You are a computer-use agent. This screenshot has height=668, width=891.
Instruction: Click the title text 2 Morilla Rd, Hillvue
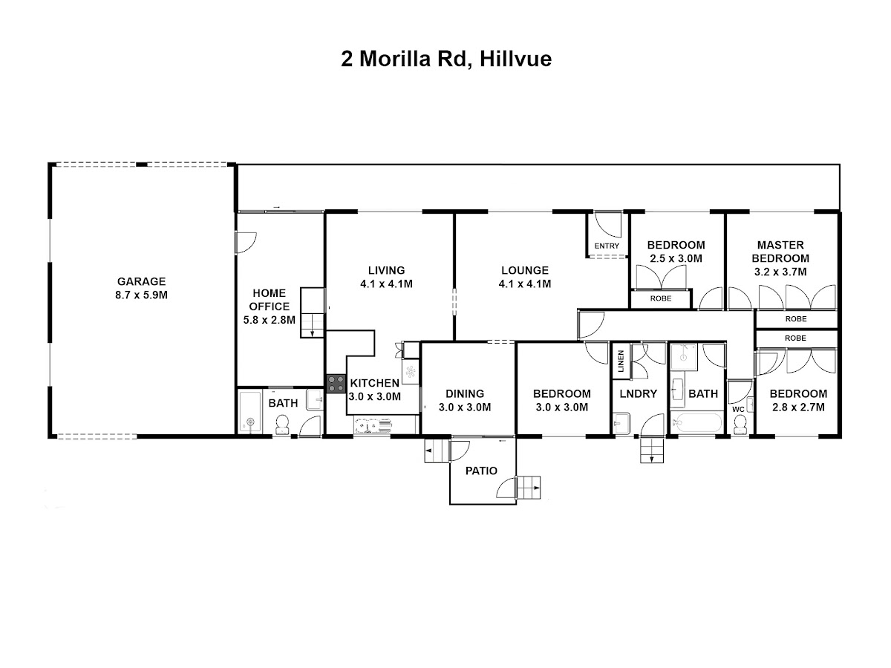pos(446,59)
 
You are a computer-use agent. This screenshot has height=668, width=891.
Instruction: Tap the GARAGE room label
pos(141,281)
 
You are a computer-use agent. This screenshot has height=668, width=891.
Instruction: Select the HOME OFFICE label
pos(269,300)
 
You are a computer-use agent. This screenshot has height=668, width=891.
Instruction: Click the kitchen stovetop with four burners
pos(336,384)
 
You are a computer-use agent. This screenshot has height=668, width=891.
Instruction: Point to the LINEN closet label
pos(620,361)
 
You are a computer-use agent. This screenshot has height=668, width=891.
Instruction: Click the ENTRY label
pos(607,246)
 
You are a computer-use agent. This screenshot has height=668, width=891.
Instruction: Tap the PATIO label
pos(481,471)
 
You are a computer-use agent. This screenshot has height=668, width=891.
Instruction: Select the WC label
pos(738,410)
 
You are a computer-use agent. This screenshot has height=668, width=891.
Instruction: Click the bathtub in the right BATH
pos(696,422)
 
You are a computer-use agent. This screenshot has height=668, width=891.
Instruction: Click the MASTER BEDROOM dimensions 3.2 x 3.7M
pos(780,272)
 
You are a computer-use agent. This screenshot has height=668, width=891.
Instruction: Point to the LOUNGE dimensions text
pos(524,284)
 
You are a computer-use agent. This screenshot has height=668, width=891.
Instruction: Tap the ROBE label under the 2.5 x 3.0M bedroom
pos(660,298)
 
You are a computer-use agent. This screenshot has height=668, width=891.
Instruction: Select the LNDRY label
pos(638,393)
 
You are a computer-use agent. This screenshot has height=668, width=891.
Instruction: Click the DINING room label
pos(465,393)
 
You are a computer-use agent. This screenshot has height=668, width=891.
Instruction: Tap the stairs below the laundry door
pos(652,451)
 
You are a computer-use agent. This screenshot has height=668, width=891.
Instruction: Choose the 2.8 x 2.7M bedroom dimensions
pos(798,407)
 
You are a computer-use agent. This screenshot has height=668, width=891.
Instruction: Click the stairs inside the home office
pos(312,312)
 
